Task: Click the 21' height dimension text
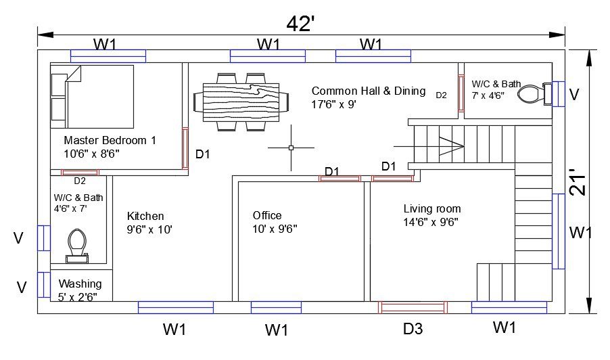(576, 181)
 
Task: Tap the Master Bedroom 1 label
(110, 141)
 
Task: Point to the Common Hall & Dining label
(369, 91)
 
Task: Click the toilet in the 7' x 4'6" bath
(532, 93)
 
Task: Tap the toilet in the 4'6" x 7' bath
(76, 244)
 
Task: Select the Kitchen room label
(145, 217)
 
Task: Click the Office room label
(266, 216)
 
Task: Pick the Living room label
(431, 209)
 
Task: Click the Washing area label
(80, 284)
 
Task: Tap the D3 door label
(413, 330)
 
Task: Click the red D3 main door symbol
(413, 307)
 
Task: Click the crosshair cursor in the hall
(291, 147)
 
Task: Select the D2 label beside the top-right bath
(441, 95)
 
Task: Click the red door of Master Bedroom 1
(185, 148)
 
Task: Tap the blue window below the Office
(276, 307)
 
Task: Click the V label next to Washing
(21, 288)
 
